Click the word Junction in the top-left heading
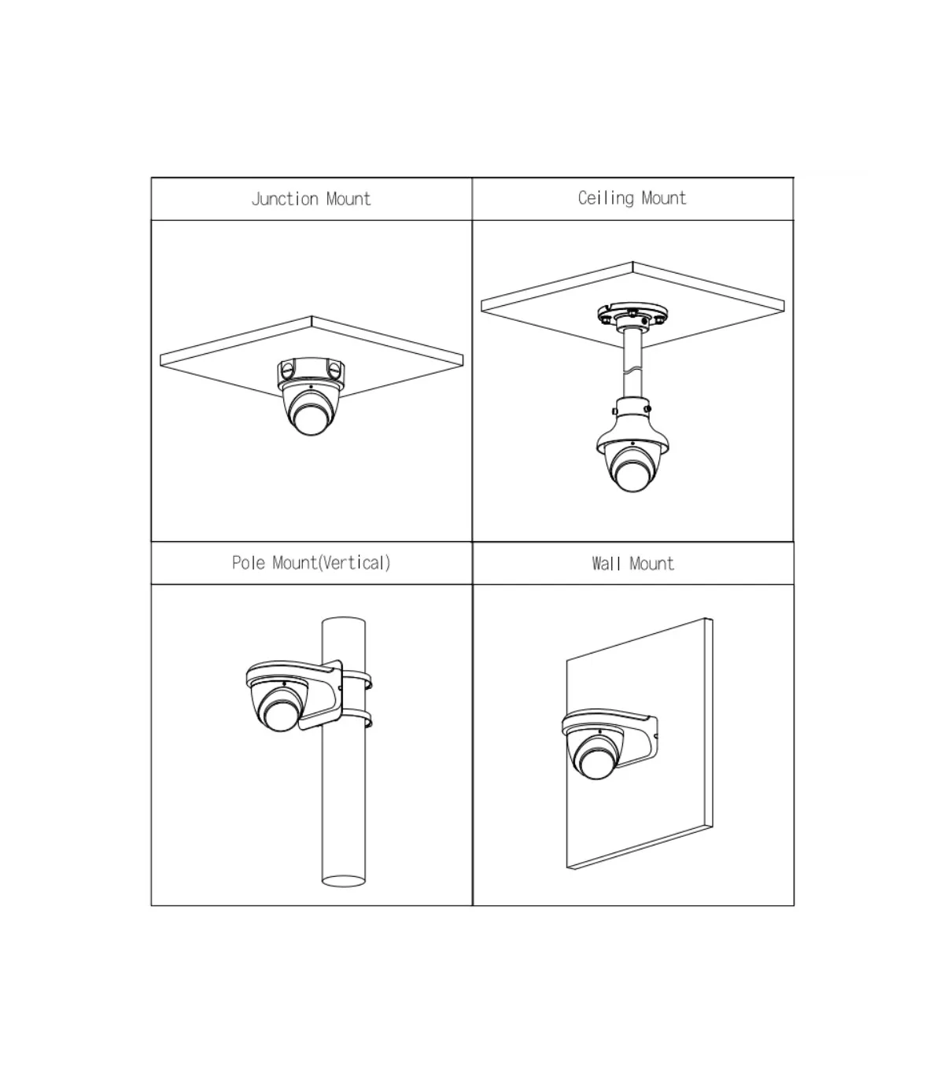tap(285, 199)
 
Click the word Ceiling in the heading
tap(606, 198)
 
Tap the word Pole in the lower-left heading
tap(249, 563)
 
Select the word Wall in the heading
tap(607, 564)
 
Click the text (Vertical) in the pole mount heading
tap(355, 563)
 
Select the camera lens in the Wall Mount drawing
tap(596, 763)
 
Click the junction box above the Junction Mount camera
tap(312, 374)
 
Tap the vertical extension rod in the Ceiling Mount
tap(632, 363)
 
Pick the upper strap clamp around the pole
tap(356, 680)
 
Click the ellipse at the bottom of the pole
tap(343, 881)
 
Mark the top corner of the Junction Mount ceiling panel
tap(312, 316)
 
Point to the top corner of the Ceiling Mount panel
tap(632, 262)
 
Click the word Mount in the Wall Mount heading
tap(652, 564)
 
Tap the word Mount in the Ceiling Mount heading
tap(664, 198)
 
